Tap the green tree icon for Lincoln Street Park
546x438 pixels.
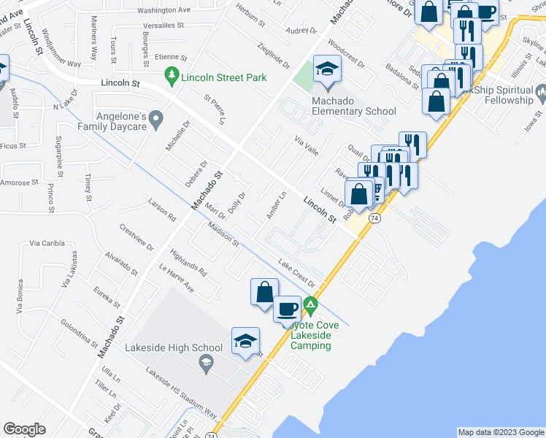172,74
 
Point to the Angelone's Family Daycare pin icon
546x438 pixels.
155,118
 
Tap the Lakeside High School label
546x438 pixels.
173,347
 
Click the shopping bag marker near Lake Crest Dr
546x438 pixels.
264,291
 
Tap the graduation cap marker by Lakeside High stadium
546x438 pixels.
246,341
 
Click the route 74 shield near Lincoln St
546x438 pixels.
374,218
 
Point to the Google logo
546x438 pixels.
25,429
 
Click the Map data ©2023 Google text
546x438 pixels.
500,432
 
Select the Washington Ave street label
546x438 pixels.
164,11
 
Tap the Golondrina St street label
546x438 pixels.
79,334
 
